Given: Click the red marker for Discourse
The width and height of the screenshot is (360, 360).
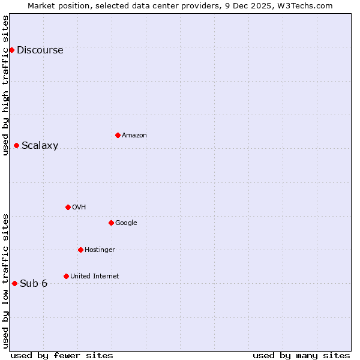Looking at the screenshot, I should [11, 50].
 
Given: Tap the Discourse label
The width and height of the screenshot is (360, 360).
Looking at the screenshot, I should [40, 50].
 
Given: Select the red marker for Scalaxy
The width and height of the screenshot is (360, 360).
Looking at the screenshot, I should [16, 145].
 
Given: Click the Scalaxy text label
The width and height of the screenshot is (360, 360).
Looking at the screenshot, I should [40, 146].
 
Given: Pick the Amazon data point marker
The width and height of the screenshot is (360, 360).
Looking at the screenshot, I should [118, 135].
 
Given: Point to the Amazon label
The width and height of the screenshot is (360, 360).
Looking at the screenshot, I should [134, 136].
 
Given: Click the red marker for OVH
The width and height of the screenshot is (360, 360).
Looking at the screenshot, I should [68, 207].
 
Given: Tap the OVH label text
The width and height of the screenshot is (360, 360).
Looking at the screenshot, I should [79, 208].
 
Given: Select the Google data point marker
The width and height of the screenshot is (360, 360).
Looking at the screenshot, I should [111, 223].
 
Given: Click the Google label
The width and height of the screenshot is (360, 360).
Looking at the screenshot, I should [126, 223].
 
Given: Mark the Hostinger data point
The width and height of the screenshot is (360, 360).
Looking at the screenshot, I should [80, 250].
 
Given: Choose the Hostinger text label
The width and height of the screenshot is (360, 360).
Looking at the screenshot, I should [100, 250].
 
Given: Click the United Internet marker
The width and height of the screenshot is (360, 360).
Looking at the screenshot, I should [66, 276].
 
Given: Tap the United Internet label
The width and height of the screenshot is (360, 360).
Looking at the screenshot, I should [94, 277].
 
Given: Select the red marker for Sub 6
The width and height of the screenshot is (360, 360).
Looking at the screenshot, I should [14, 283].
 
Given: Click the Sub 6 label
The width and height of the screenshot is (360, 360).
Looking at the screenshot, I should [34, 284].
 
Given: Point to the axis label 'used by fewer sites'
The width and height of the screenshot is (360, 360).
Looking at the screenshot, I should [62, 355].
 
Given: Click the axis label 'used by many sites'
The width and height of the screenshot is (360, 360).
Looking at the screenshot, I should [301, 355].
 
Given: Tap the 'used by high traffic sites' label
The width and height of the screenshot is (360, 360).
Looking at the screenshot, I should [5, 85].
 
